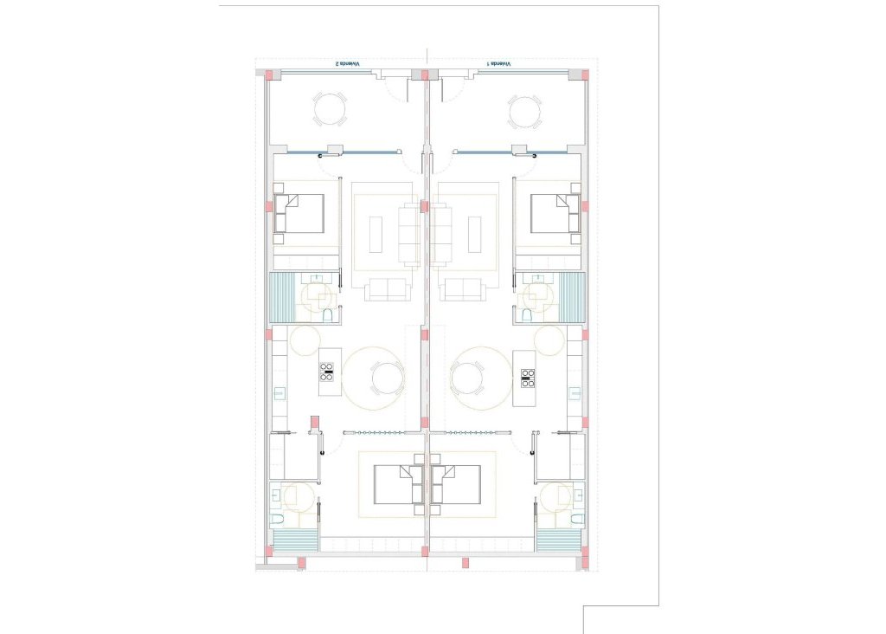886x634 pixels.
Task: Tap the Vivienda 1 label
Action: [498, 64]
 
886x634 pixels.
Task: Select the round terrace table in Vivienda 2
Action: [331, 110]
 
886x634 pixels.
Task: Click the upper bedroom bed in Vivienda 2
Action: [300, 213]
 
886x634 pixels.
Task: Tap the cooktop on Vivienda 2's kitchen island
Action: [328, 372]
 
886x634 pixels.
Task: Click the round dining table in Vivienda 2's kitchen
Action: [386, 378]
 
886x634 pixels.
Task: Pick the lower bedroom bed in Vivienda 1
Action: [456, 484]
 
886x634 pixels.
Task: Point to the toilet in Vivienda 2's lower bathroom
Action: [277, 520]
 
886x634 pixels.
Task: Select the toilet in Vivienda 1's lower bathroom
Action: [575, 520]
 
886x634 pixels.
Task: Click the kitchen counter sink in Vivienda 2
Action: [279, 392]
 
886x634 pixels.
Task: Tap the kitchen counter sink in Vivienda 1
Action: [575, 392]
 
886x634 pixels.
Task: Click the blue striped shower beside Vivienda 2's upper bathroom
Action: [282, 297]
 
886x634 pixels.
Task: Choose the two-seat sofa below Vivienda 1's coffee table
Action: [462, 289]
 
